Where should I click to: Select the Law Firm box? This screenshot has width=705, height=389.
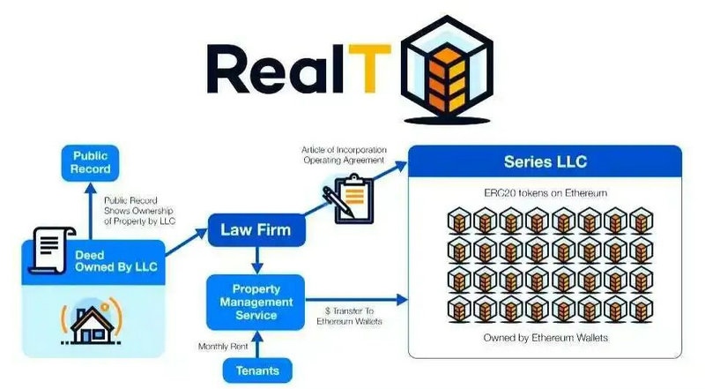tap(256, 232)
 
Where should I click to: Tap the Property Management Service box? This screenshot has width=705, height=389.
tap(255, 302)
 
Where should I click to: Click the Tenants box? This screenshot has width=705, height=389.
tap(255, 370)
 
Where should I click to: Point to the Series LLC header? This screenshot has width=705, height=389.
tap(545, 162)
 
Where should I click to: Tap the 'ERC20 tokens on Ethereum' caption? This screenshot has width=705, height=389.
tap(545, 192)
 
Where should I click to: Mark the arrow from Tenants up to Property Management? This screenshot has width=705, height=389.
tap(255, 344)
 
